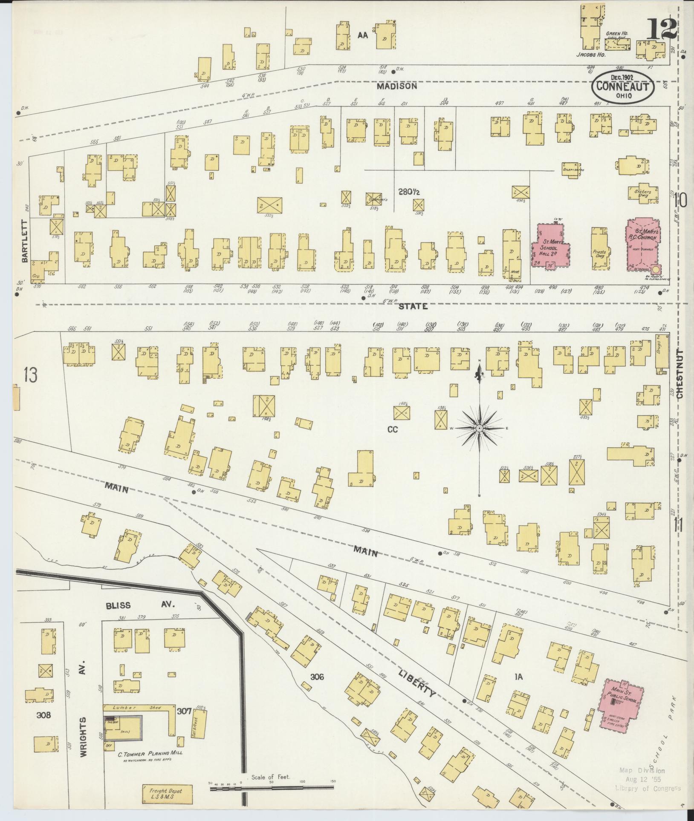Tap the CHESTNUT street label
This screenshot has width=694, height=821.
[680, 374]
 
